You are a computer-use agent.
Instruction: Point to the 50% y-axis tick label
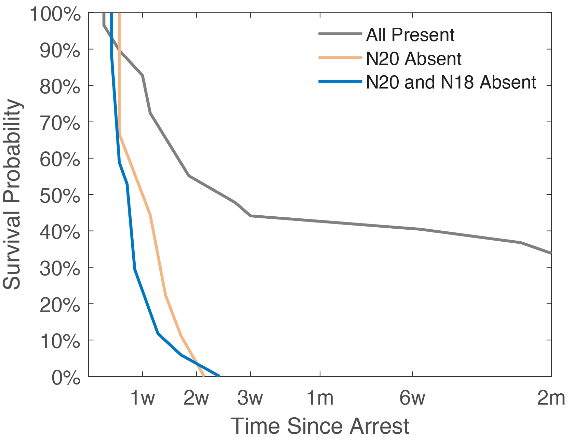tap(60, 196)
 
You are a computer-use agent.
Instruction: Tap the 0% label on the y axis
tap(66, 378)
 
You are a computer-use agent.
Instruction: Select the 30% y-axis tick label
tap(60, 269)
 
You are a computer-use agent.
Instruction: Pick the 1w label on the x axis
tap(143, 398)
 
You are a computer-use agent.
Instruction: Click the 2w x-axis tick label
tap(196, 398)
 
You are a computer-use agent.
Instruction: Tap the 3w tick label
tap(250, 398)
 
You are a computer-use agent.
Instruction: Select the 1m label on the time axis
tap(320, 398)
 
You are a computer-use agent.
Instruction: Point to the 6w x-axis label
tap(412, 398)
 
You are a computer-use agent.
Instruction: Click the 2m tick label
tap(551, 398)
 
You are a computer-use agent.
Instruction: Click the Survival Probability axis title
tap(12, 195)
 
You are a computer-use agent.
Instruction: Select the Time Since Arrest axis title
tap(320, 426)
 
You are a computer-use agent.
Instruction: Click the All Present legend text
tap(410, 35)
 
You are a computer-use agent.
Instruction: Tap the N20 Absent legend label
tap(413, 59)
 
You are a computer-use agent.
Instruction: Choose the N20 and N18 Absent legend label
tap(451, 82)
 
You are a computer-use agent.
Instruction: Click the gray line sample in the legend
tap(340, 34)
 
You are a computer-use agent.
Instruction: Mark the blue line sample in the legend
tap(340, 82)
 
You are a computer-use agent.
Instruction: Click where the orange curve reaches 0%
tap(204, 376)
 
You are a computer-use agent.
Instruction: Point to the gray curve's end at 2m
tap(551, 253)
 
